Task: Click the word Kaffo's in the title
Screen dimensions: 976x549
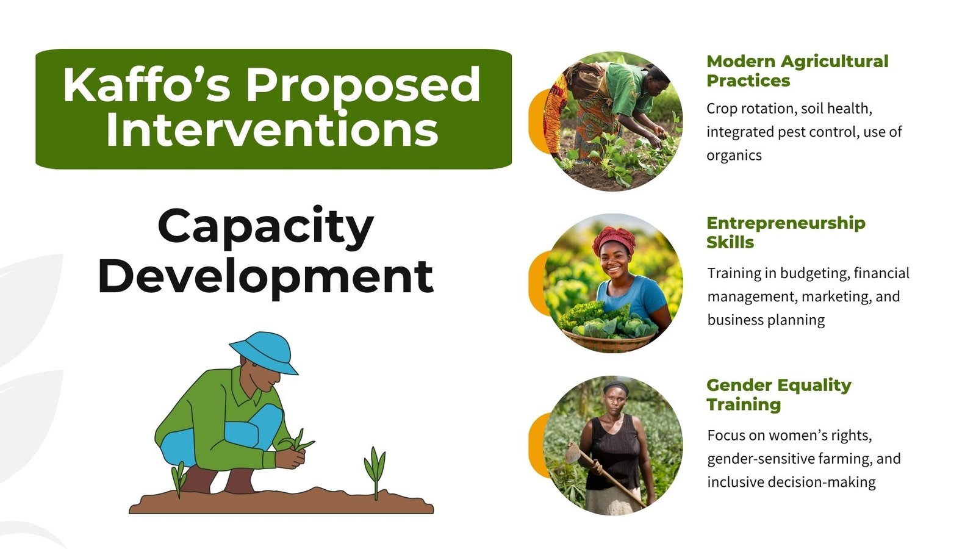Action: tap(146, 85)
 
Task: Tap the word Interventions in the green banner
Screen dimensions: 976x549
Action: tap(272, 130)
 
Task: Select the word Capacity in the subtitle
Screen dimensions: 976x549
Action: tap(266, 228)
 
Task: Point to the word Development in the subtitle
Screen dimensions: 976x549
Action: tap(266, 277)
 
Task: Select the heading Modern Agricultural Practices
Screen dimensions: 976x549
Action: tap(797, 71)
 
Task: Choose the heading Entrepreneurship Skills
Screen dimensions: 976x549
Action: tap(786, 232)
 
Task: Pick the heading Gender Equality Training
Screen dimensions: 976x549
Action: tap(778, 395)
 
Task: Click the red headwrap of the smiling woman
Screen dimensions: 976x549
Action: tap(614, 239)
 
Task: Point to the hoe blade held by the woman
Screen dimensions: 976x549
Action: tap(573, 452)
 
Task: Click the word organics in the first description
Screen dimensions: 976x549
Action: tap(734, 156)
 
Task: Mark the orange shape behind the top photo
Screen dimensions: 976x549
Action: tap(538, 121)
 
